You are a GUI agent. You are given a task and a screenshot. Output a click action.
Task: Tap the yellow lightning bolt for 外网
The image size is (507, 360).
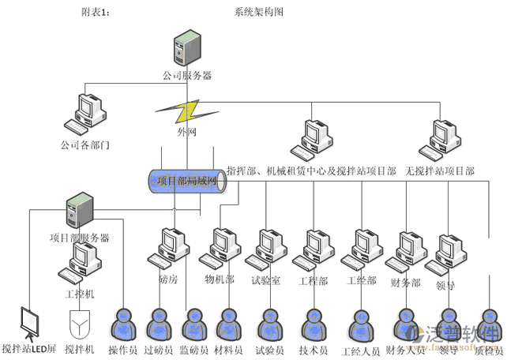(187, 109)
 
